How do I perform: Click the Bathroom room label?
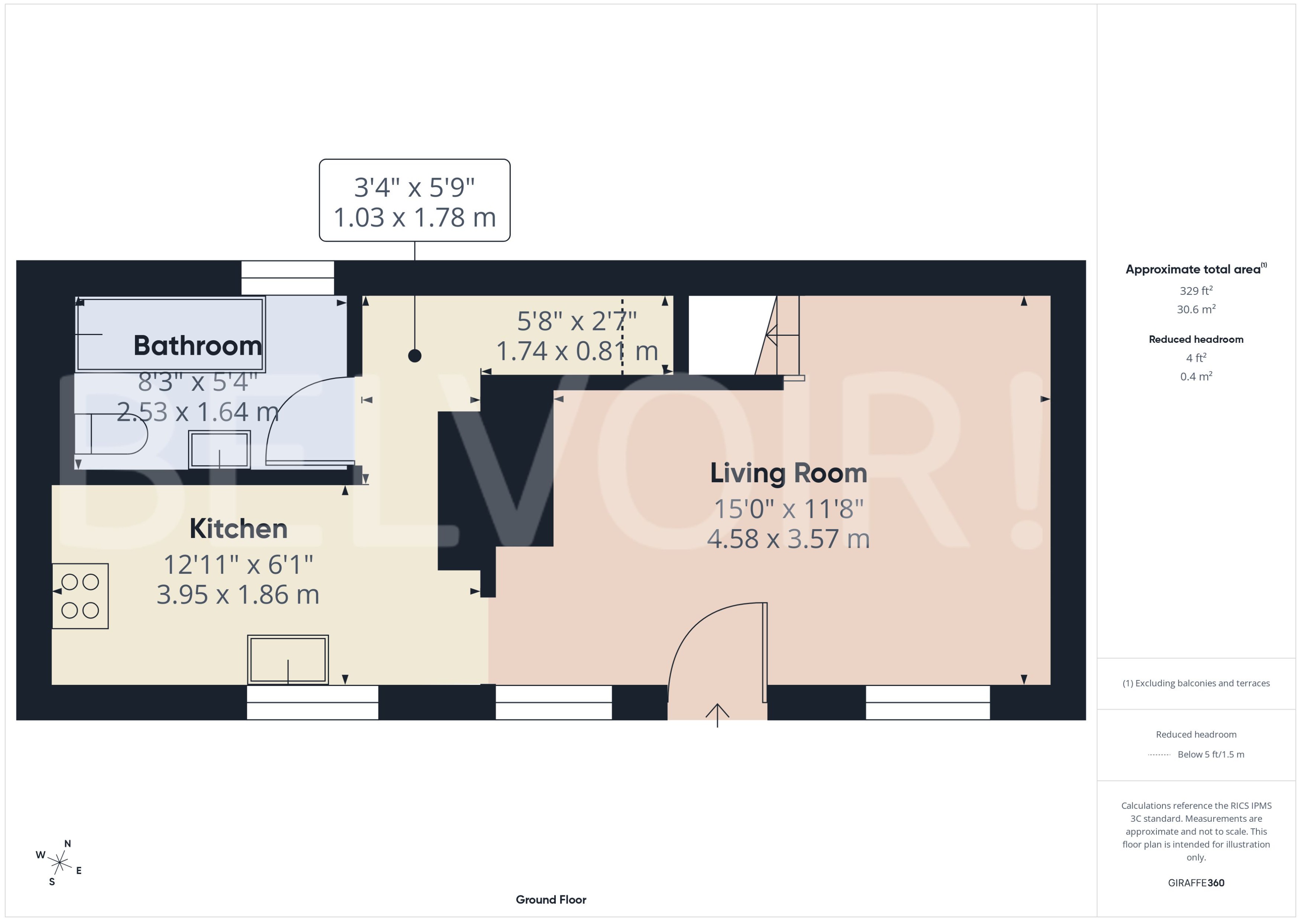[197, 345]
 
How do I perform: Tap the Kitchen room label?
[238, 529]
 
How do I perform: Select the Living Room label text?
[788, 473]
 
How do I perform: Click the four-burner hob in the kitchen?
[80, 596]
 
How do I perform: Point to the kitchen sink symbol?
[288, 660]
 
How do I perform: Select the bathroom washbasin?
[219, 449]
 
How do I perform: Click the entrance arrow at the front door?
[717, 715]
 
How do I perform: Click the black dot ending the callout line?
[414, 355]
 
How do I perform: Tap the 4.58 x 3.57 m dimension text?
[788, 539]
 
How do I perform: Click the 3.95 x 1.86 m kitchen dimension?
[238, 594]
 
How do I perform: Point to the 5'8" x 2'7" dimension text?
[577, 321]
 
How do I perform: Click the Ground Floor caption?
[551, 899]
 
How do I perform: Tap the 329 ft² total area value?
[1195, 291]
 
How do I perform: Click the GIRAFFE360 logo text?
[1195, 883]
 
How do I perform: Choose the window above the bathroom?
[287, 278]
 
